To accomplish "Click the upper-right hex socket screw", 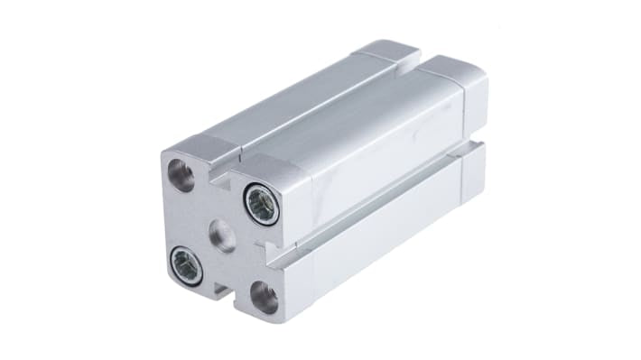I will coord(261,204).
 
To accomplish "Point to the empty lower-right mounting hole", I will coord(265,297).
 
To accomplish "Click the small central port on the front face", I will coord(222,236).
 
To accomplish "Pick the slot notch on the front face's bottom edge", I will coord(219,290).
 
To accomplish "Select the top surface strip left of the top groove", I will coord(289,99).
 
